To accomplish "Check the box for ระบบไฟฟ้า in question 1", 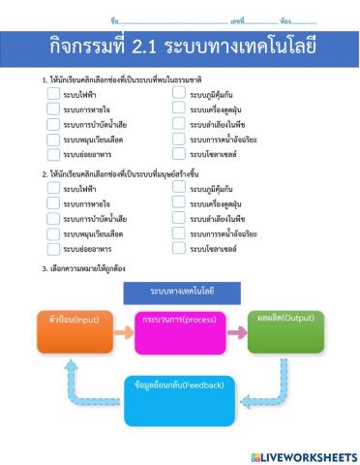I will pyautogui.click(x=53, y=94).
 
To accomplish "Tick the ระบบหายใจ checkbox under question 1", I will pyautogui.click(x=53, y=109).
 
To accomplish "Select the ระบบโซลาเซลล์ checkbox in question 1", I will pyautogui.click(x=179, y=154).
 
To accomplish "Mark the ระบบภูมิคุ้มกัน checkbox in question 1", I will pyautogui.click(x=179, y=94).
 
